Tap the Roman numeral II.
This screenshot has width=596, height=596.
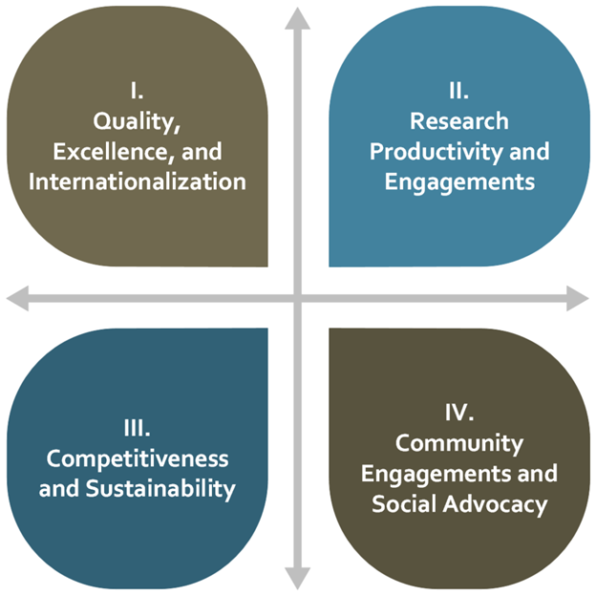[458, 91]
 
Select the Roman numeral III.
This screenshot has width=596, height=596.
[137, 428]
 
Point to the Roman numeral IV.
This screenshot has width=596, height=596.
[459, 413]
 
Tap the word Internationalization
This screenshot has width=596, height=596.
[138, 181]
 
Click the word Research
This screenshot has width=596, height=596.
[459, 121]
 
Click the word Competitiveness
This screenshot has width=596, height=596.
[138, 459]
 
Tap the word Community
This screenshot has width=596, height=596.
[459, 444]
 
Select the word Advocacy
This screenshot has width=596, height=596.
[495, 505]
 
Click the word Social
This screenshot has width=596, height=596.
[404, 504]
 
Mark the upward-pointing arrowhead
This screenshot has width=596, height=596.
[298, 18]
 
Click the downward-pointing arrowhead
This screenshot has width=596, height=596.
[298, 578]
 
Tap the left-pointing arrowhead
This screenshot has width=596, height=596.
[17, 298]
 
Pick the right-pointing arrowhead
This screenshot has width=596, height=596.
[578, 298]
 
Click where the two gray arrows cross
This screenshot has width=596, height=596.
[298, 298]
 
